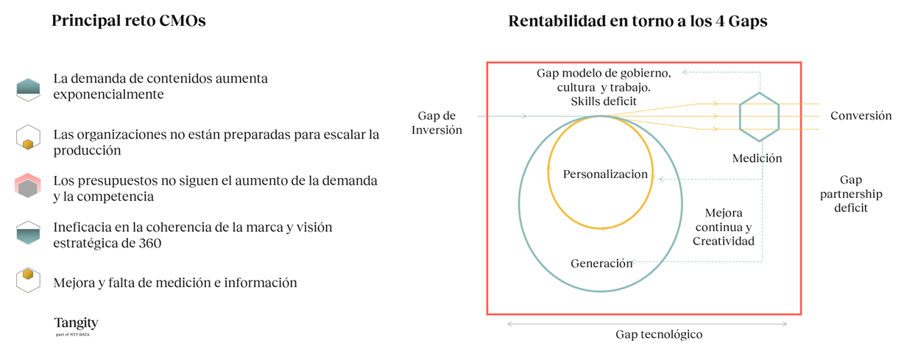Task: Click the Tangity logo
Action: click(x=77, y=326)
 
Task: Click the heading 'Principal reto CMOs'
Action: click(x=128, y=21)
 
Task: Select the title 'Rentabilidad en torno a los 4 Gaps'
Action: click(x=638, y=21)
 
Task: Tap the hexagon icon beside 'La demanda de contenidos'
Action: click(x=28, y=89)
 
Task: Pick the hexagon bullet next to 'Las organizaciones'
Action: click(x=28, y=138)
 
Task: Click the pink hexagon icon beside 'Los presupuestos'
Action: click(x=28, y=186)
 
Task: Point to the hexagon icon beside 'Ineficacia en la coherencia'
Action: click(x=28, y=233)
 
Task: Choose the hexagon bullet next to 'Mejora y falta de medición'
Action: click(x=28, y=280)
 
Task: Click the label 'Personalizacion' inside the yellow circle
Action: click(x=605, y=174)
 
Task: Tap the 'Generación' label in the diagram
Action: click(x=601, y=264)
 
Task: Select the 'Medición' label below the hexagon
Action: click(x=757, y=158)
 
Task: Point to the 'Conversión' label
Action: click(x=861, y=116)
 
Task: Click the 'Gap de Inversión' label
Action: click(x=437, y=123)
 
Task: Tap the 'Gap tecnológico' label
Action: click(x=659, y=334)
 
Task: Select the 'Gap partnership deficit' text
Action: click(x=851, y=194)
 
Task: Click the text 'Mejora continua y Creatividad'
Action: click(x=724, y=227)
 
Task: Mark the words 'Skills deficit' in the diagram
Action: click(x=604, y=102)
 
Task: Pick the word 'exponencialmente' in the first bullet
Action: click(x=109, y=95)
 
